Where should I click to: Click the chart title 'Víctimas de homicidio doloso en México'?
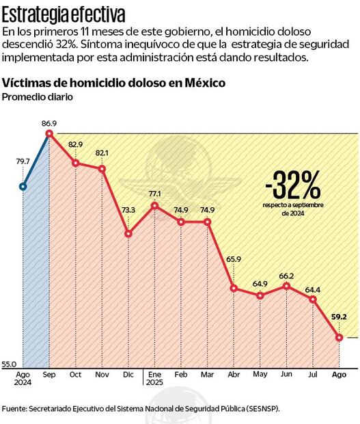114,83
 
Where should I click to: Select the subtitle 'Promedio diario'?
38,97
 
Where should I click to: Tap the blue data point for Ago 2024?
23,185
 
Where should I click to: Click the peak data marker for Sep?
49,133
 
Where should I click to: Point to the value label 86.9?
49,123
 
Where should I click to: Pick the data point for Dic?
128,234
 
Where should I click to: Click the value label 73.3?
128,210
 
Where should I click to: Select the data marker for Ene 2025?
155,205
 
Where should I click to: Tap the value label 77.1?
155,194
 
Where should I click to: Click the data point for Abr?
234,288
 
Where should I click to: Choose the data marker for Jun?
287,286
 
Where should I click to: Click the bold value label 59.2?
339,317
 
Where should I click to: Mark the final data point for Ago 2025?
339,337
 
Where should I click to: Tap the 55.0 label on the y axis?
9,365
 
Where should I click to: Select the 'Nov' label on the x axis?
102,375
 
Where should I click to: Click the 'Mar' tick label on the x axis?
207,375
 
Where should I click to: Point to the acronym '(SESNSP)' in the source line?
260,408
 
